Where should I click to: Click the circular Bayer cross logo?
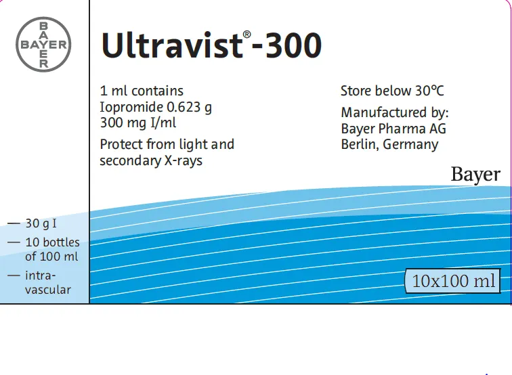point(43,45)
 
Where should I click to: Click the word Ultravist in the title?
point(171,46)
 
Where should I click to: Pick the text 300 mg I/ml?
point(138,123)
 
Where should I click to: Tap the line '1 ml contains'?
point(142,91)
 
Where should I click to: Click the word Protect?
point(121,144)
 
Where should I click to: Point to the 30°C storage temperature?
point(429,91)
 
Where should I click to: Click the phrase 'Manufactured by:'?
point(395,112)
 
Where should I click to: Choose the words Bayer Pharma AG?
point(393,129)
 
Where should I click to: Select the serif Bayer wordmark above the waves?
point(475,175)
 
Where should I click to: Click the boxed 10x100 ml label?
point(453,281)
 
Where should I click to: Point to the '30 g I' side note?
point(41,223)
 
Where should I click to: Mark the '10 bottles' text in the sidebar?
point(52,242)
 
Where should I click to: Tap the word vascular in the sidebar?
point(48,290)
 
